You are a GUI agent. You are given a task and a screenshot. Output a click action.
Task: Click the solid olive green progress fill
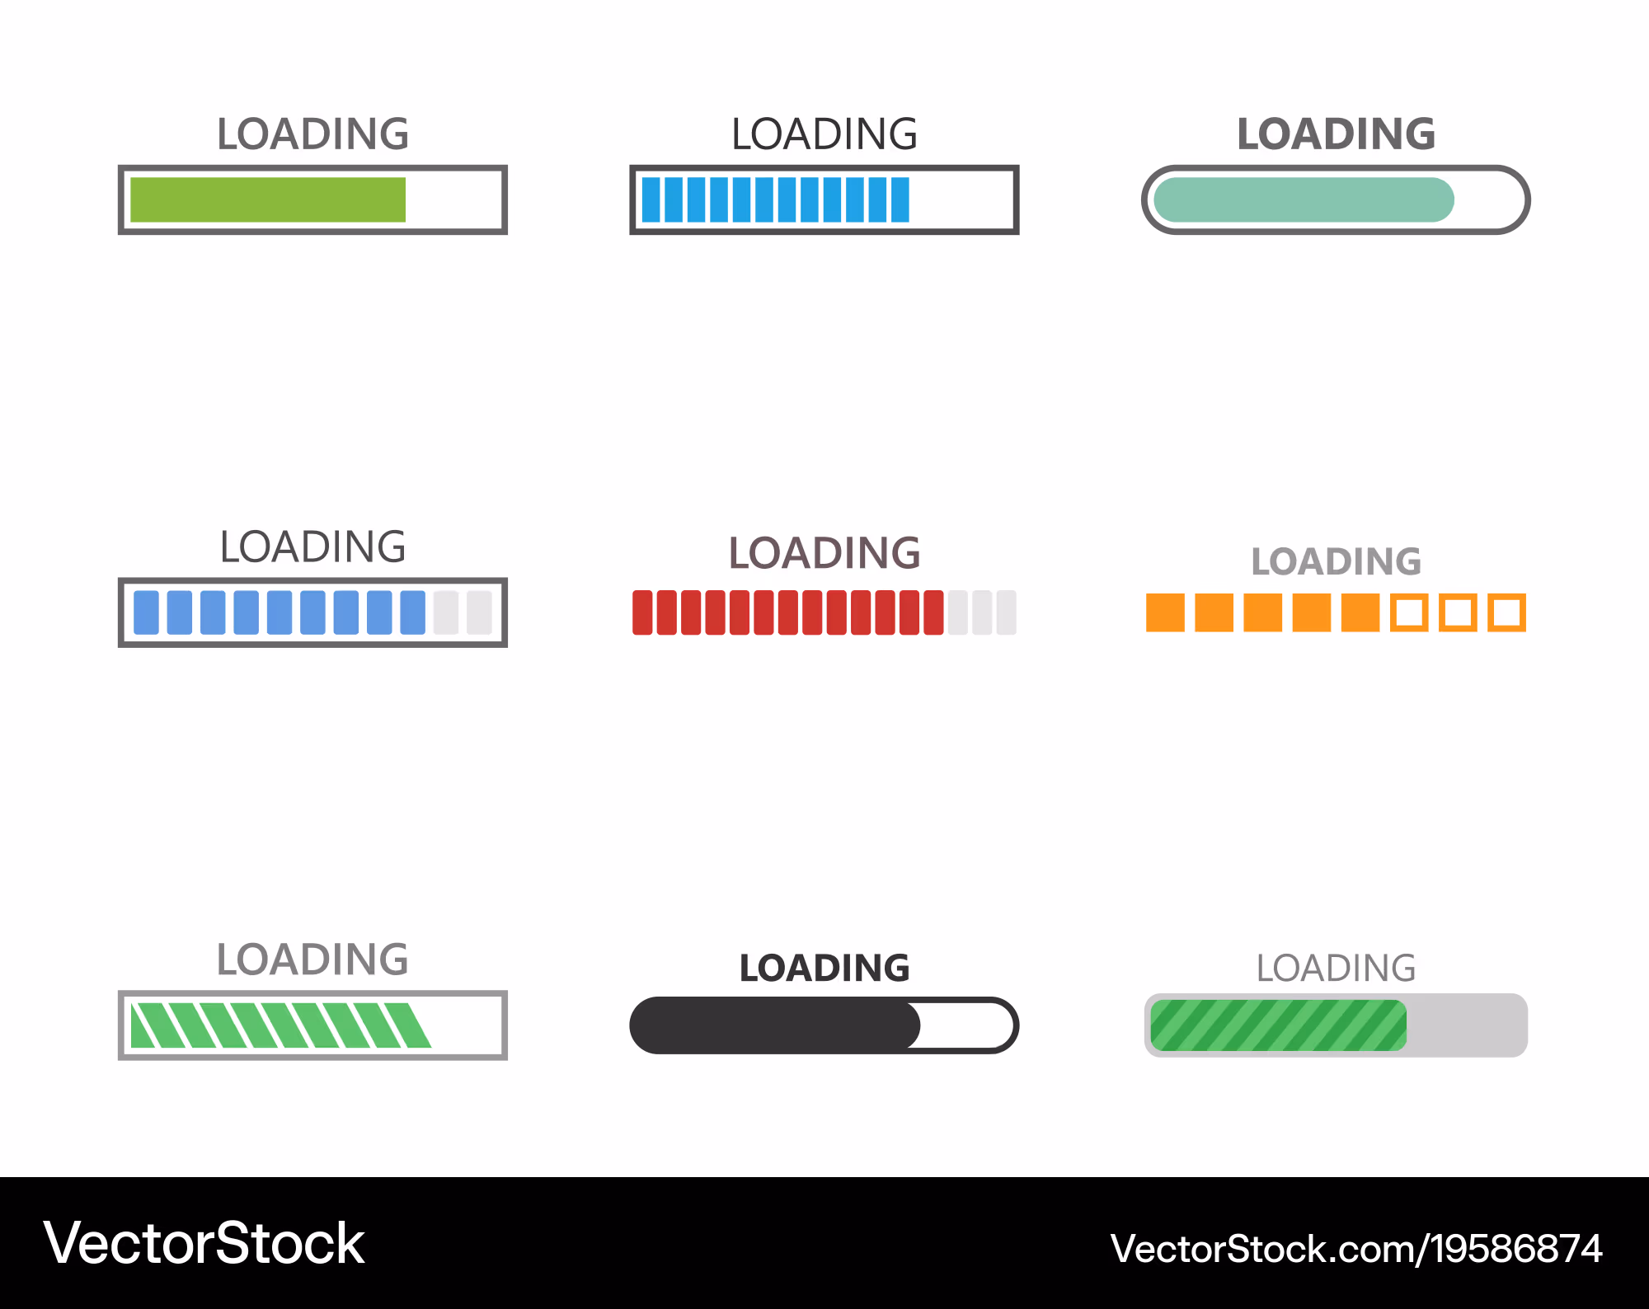click(x=268, y=199)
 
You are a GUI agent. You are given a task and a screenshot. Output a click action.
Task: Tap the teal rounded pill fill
click(x=1304, y=199)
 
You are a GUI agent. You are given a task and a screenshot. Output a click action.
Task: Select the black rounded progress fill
click(x=775, y=1025)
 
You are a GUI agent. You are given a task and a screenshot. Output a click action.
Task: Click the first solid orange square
click(x=1165, y=612)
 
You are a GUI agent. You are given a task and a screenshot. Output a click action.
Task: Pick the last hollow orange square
click(x=1507, y=612)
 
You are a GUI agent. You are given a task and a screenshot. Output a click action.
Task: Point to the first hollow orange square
click(x=1409, y=612)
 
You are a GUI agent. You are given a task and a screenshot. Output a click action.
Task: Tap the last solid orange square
click(x=1360, y=612)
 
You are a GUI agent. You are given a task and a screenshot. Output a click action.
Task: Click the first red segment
click(x=642, y=612)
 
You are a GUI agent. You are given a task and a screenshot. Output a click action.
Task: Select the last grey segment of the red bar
click(x=1007, y=612)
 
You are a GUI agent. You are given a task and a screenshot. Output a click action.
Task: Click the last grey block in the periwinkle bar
click(x=479, y=612)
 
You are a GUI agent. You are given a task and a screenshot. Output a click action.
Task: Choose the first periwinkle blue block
click(x=146, y=612)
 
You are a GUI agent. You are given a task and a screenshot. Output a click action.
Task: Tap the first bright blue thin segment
click(x=651, y=199)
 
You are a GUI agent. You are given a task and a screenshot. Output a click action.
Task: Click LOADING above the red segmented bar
click(x=824, y=553)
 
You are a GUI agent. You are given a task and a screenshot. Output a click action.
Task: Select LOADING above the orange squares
click(x=1337, y=561)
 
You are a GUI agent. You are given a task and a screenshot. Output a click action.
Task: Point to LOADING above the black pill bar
click(x=824, y=968)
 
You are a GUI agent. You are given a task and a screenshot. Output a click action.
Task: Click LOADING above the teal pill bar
click(x=1337, y=134)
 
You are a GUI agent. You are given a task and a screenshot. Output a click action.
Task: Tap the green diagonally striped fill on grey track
click(x=1279, y=1025)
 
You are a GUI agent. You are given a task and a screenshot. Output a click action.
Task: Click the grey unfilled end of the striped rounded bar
click(x=1468, y=1025)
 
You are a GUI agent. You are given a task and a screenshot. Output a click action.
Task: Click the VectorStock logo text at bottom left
click(x=204, y=1243)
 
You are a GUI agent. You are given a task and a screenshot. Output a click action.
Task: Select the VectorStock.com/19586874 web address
click(x=1356, y=1249)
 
